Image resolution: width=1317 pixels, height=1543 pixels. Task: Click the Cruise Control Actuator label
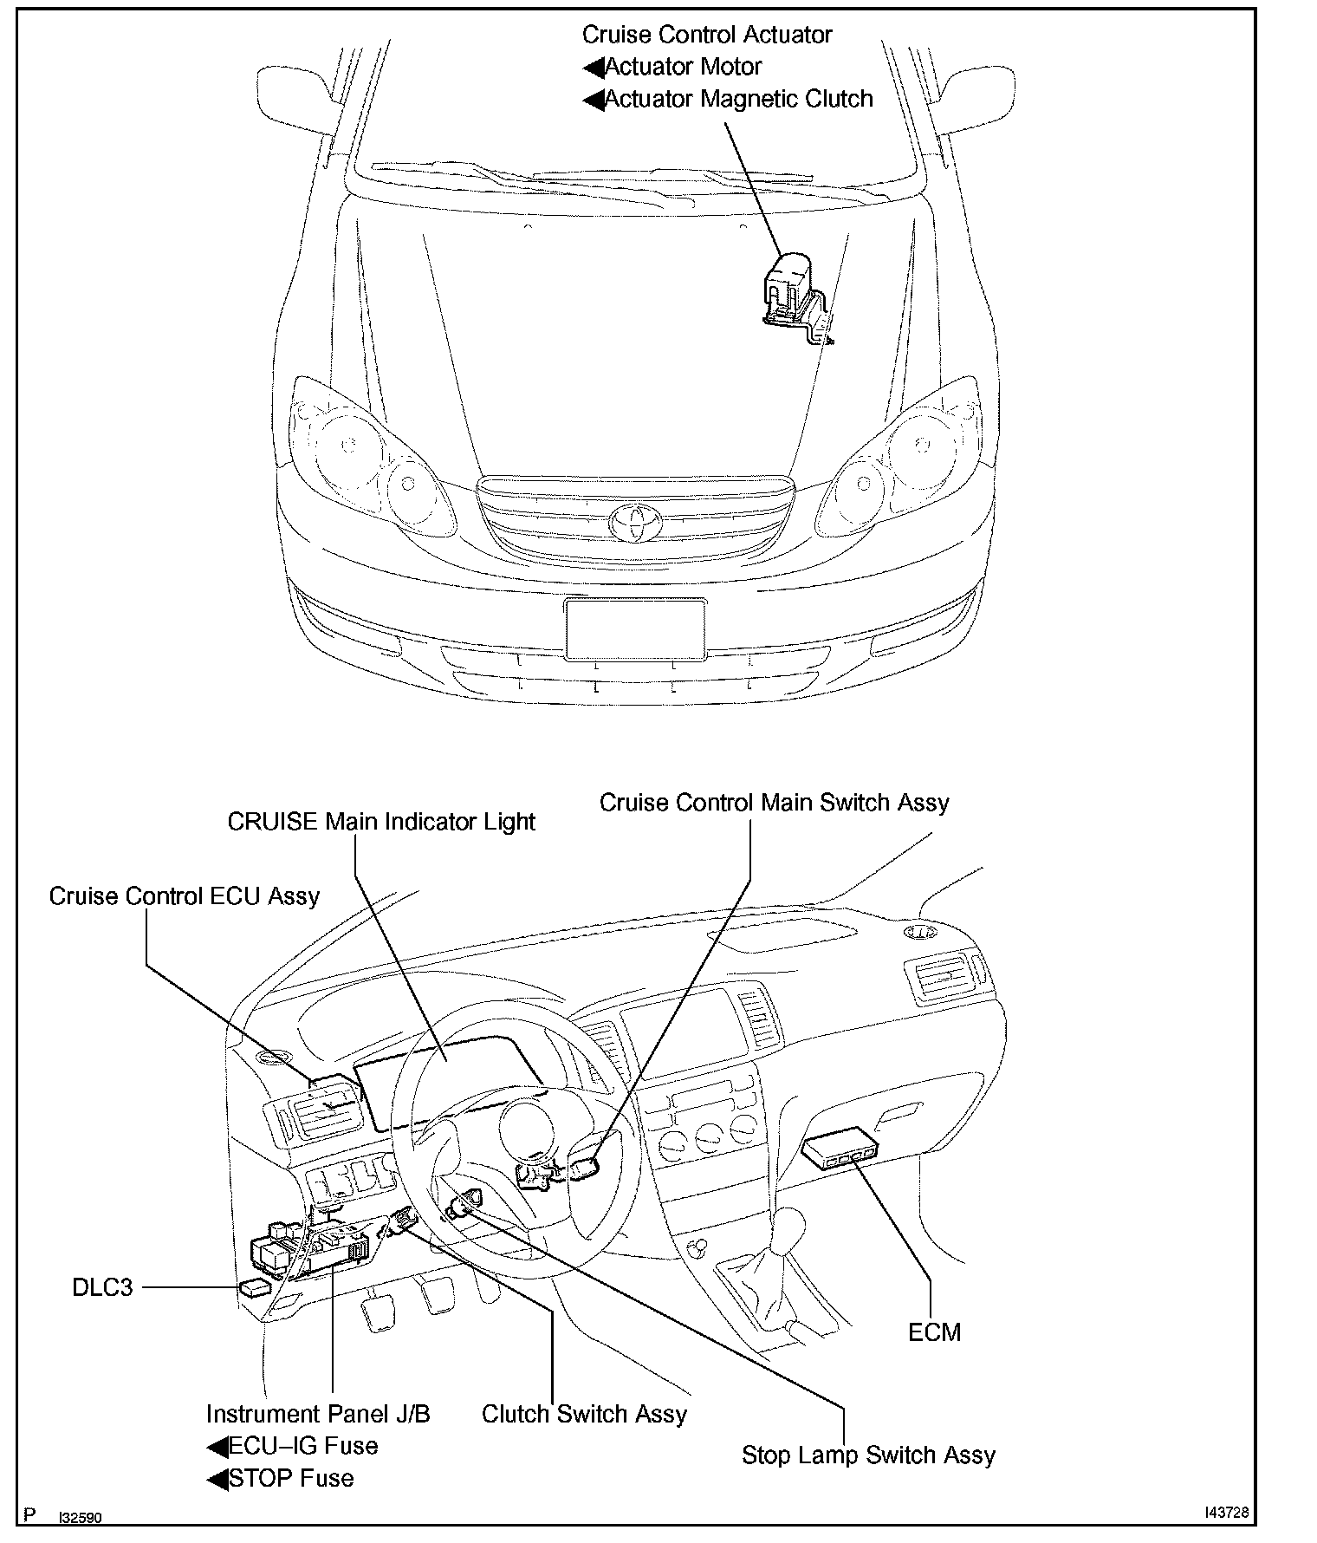click(x=706, y=35)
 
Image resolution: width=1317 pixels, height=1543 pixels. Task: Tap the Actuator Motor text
click(x=683, y=67)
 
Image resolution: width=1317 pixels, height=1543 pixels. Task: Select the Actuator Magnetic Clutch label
click(x=738, y=99)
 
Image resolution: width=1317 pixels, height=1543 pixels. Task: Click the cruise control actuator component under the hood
click(x=793, y=290)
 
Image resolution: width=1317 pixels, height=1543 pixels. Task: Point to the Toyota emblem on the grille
click(x=634, y=520)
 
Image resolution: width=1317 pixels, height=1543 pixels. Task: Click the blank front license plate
click(x=634, y=629)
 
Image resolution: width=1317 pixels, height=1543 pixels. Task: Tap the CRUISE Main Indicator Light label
click(x=381, y=822)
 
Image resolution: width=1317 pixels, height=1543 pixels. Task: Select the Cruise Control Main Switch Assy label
click(x=774, y=803)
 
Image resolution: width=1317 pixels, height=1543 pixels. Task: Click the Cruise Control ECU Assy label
click(x=185, y=896)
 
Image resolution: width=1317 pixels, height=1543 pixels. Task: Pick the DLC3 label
click(x=102, y=1287)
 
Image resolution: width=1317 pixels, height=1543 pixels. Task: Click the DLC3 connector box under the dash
click(x=255, y=1287)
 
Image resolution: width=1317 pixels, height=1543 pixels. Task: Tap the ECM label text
click(x=934, y=1332)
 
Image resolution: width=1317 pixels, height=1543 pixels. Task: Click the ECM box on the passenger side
click(x=841, y=1149)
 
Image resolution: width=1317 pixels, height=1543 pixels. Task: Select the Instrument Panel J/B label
click(x=318, y=1414)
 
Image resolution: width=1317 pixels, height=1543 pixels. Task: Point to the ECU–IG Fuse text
click(x=302, y=1446)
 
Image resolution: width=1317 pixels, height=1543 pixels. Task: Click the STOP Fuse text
click(x=291, y=1478)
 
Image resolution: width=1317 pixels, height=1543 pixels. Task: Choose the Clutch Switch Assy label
click(x=584, y=1414)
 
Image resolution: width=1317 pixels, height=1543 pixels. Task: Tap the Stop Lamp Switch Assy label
click(x=868, y=1455)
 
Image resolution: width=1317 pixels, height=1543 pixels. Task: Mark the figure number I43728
click(x=1226, y=1512)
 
